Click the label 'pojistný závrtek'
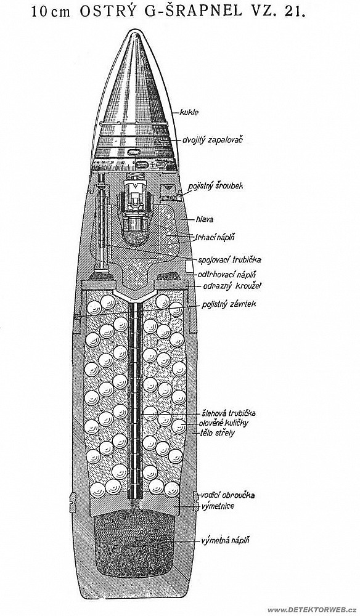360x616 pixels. (x=229, y=304)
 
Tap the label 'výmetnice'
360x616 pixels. (x=218, y=506)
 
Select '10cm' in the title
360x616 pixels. (x=51, y=12)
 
